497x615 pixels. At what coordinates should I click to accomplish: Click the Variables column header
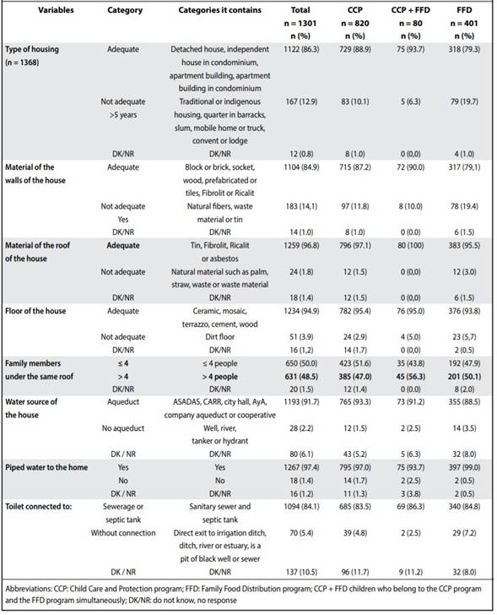point(56,10)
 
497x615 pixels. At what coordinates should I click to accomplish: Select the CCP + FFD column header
point(410,10)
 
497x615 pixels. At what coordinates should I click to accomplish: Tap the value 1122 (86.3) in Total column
point(301,49)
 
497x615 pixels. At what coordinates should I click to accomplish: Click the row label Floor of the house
point(35,311)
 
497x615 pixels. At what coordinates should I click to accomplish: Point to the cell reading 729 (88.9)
point(355,49)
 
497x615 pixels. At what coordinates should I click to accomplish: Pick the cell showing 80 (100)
point(410,246)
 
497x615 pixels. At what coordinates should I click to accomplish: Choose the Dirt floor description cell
point(219,337)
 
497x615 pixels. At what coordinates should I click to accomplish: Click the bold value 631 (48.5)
point(301,377)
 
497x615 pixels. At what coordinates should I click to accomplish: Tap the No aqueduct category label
point(123,428)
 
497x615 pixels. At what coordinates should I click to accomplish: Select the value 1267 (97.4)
point(301,467)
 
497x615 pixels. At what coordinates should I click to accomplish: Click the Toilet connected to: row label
point(38,507)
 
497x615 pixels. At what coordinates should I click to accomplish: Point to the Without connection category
point(123,533)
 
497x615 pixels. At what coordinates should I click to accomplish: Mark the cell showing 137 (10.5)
point(301,572)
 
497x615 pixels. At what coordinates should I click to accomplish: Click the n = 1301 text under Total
point(300,23)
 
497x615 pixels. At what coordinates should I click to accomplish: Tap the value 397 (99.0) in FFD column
point(464,467)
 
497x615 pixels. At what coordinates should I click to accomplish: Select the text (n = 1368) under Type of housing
point(22,63)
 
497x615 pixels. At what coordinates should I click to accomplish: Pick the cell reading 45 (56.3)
point(410,377)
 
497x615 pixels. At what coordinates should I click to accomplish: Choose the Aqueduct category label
point(123,402)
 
